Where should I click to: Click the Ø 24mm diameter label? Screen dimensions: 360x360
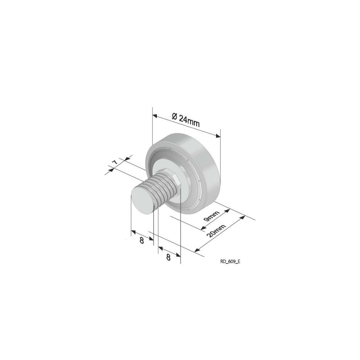click(186, 120)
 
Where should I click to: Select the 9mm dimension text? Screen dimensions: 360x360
click(212, 217)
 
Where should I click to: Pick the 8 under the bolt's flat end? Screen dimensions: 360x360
click(141, 240)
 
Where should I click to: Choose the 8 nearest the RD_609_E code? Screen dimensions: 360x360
click(168, 257)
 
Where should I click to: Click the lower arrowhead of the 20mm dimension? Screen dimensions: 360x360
click(197, 250)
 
